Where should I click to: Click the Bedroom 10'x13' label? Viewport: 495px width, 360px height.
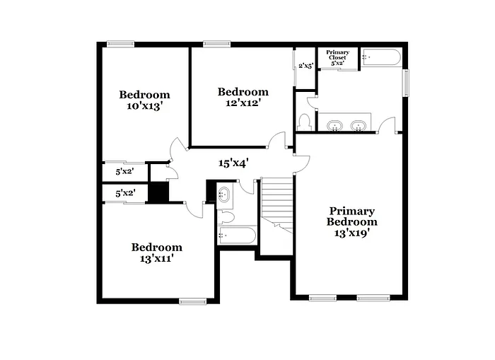point(144,100)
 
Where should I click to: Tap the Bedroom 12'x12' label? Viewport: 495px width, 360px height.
point(243,97)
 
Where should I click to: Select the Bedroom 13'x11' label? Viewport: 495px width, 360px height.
point(156,252)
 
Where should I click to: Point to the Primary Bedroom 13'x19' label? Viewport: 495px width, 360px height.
point(351,221)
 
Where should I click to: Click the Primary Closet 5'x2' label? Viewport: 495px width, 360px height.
point(337,58)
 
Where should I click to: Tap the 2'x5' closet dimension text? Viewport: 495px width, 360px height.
point(305,66)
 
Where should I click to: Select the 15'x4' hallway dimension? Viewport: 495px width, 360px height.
point(233,163)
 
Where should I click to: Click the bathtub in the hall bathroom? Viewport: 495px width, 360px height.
point(237,236)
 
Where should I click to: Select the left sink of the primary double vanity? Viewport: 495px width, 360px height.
point(335,126)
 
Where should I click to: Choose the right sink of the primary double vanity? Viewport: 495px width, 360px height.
point(359,126)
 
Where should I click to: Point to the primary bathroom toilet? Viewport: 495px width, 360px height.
point(304,121)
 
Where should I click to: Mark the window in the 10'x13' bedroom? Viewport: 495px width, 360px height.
point(120,44)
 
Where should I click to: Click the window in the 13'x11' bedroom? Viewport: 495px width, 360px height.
point(192,302)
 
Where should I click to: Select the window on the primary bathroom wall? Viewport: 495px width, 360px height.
point(406,83)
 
